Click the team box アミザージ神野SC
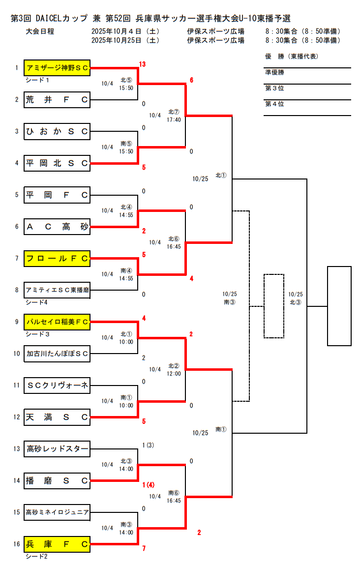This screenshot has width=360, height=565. point(57,68)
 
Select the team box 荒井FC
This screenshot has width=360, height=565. point(57,100)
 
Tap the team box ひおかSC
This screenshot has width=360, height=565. point(57,131)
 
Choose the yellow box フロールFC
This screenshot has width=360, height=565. point(57,258)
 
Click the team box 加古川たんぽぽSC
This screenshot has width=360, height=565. point(57,354)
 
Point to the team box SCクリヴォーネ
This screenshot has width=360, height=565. point(57,385)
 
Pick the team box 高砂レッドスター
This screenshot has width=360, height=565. point(57,448)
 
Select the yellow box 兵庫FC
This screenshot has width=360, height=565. point(57,544)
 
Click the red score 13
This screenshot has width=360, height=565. point(143,64)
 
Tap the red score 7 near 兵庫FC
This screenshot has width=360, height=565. point(144,548)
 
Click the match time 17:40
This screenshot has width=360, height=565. point(174,119)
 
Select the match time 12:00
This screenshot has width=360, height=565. point(174,373)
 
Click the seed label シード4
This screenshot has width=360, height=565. point(35,302)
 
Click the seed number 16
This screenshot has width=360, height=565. point(17,544)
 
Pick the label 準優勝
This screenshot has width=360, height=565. point(274,73)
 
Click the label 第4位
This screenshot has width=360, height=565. point(274,104)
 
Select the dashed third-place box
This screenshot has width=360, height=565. point(273,306)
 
